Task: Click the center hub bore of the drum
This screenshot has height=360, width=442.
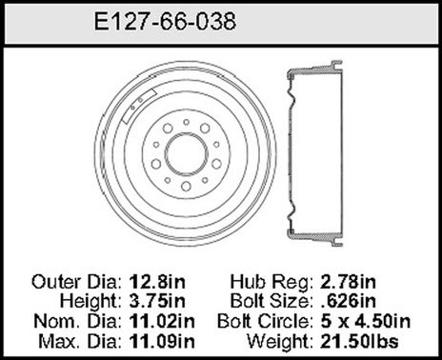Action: coord(186,152)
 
